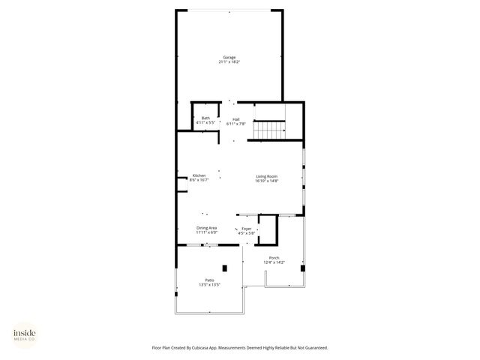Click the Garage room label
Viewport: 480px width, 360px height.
coord(229,57)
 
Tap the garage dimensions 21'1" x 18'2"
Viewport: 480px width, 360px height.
coord(229,62)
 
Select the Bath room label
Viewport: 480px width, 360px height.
coord(205,118)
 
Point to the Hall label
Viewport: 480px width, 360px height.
coord(235,118)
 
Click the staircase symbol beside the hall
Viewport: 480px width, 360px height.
coord(269,130)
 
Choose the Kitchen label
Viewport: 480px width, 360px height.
coord(198,175)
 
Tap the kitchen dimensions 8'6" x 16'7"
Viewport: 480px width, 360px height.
coord(198,181)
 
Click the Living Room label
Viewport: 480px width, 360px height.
coord(267,175)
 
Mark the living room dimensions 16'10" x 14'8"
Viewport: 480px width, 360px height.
coord(267,181)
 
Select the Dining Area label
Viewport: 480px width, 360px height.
coord(207,228)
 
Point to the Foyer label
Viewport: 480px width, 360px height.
coord(246,228)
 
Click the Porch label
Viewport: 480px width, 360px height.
coord(274,257)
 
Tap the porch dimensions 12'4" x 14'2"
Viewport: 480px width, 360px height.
coord(274,262)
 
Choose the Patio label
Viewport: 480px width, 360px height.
coord(209,280)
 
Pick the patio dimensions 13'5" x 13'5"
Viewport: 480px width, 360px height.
coord(209,285)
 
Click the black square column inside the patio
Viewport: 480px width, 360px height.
coord(224,268)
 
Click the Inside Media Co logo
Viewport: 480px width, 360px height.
coord(24,334)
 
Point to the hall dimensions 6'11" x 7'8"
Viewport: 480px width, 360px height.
coord(235,123)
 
